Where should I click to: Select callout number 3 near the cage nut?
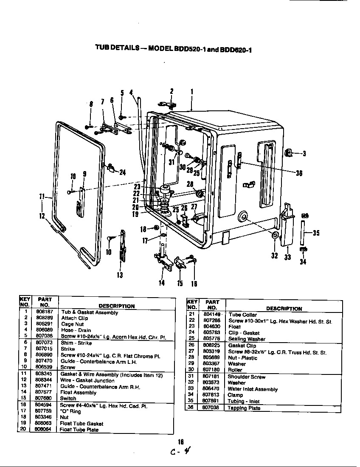coord(304,154)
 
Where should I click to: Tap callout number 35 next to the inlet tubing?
coord(316,233)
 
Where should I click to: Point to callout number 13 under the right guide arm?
coord(120,275)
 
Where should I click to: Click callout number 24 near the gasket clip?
coord(123,172)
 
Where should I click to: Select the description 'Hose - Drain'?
coord(76,330)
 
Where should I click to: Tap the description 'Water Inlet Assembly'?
coord(253,389)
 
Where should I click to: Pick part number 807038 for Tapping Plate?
coord(211,408)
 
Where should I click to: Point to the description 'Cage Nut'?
coord(73,324)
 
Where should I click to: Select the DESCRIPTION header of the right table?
coord(284,309)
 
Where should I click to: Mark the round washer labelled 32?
coord(275,236)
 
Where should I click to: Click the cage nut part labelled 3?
coord(288,152)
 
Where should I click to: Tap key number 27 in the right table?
coord(191,352)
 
